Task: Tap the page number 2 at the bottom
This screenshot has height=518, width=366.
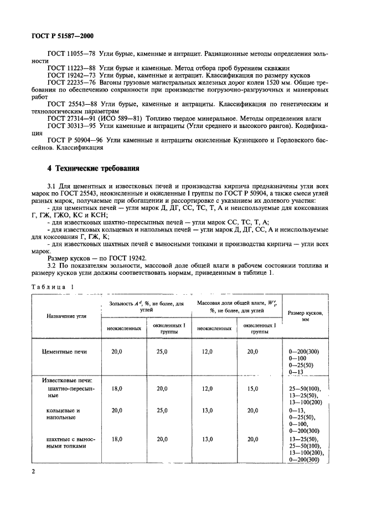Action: [35, 471]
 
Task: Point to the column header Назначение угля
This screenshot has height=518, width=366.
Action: [66, 314]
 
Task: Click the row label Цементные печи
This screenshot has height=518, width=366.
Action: [65, 351]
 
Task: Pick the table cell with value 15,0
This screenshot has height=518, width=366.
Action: [252, 389]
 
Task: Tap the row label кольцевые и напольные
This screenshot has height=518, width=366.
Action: [63, 414]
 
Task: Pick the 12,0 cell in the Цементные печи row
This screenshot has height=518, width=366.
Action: [207, 351]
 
